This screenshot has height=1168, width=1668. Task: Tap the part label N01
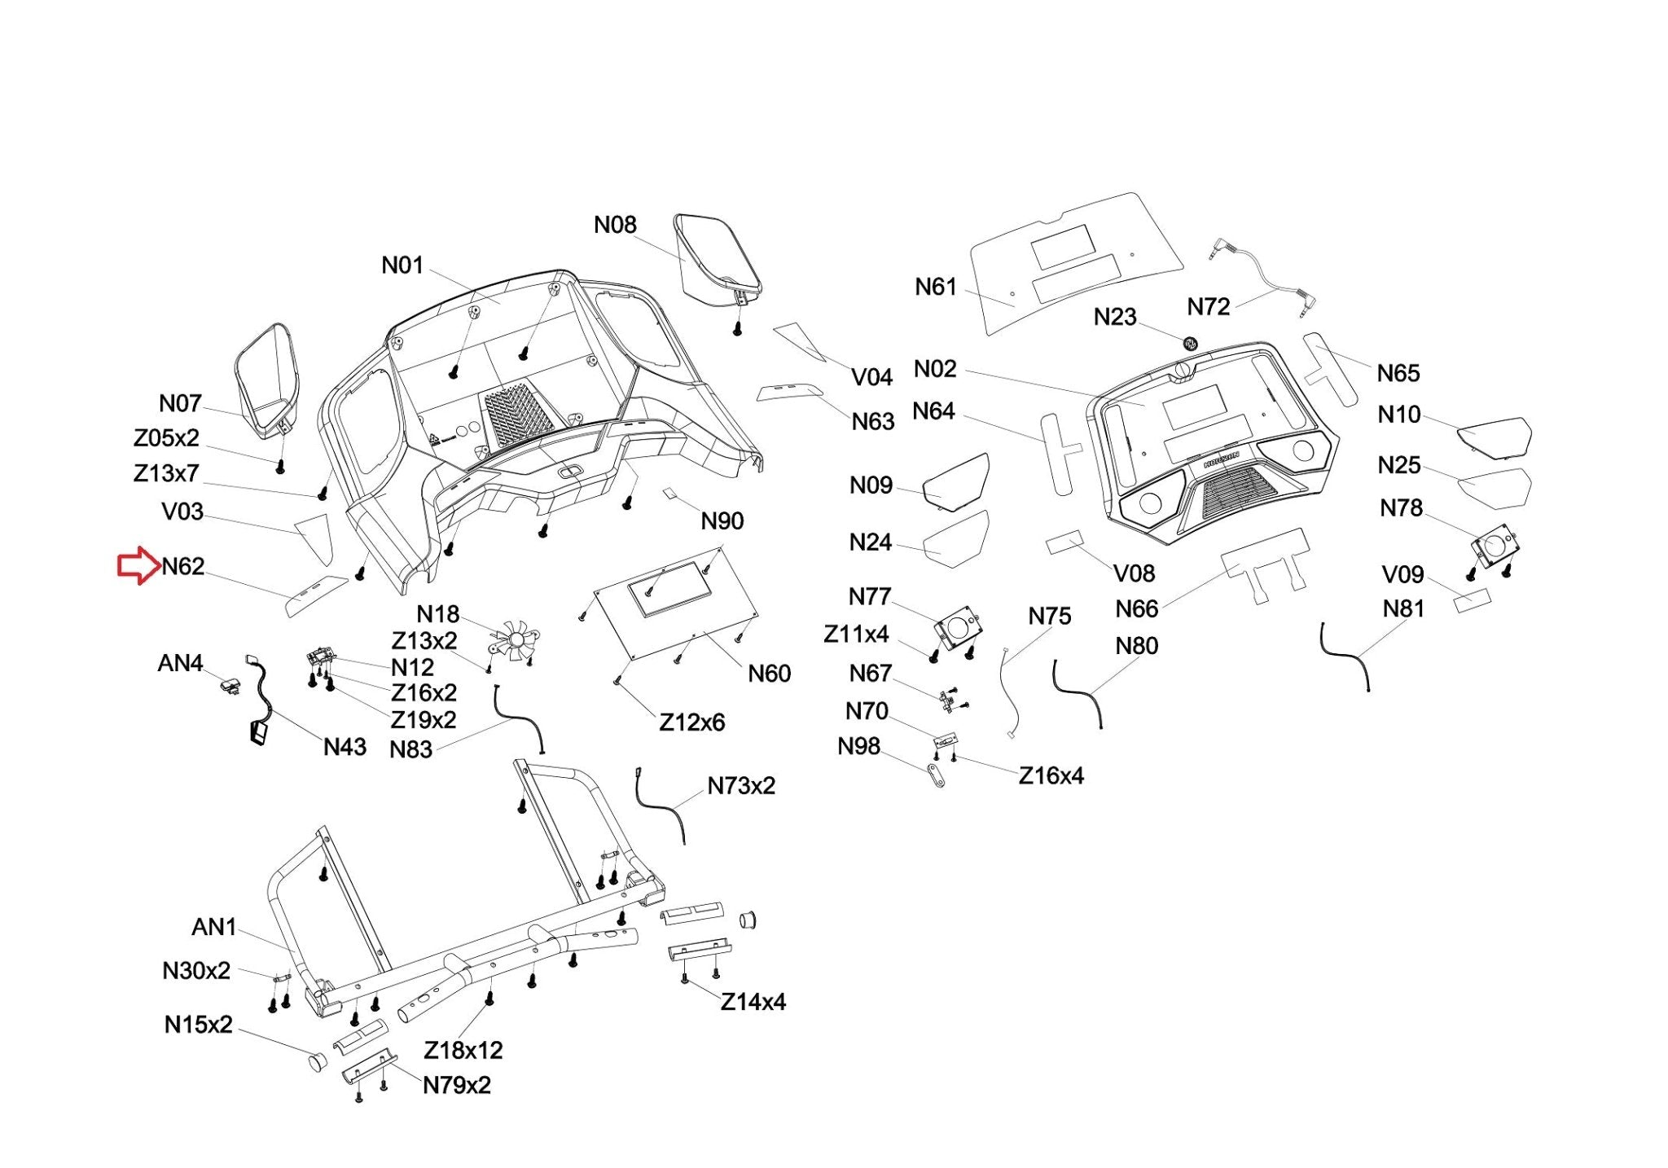click(x=402, y=266)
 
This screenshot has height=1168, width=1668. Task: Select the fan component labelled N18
click(x=513, y=639)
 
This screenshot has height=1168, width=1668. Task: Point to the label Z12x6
click(x=691, y=722)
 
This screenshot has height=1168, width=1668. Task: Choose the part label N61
click(x=935, y=287)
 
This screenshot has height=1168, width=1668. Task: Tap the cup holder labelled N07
click(x=267, y=379)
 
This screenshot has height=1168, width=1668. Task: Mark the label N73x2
click(x=741, y=786)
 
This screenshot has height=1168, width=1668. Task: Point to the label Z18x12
click(x=463, y=1050)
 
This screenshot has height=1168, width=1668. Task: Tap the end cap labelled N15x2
click(x=316, y=1062)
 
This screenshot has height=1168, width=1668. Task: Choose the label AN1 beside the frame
click(x=213, y=927)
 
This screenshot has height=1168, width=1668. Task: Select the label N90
click(x=722, y=521)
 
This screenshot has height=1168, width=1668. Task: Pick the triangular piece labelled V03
click(x=315, y=535)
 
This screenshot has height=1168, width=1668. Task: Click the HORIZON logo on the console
click(x=1221, y=459)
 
